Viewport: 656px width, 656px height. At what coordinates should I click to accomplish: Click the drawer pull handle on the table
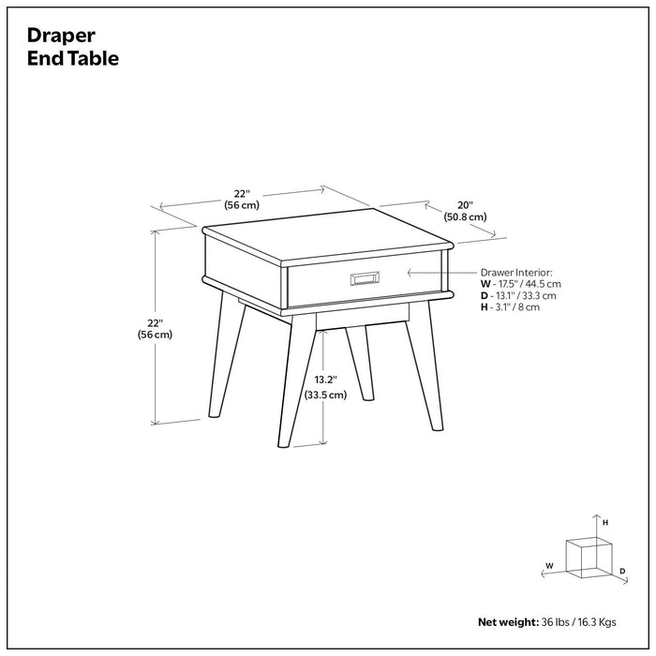(363, 277)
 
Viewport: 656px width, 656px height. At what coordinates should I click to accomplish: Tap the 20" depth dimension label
(466, 204)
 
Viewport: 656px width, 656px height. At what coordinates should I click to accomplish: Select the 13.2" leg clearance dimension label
(324, 380)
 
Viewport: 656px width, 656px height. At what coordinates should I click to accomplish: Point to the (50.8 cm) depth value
(466, 217)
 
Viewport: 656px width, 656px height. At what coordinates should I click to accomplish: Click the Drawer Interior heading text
(516, 271)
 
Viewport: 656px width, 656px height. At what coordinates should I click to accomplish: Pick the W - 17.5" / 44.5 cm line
(521, 283)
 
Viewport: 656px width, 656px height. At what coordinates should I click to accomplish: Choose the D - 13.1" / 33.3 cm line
(518, 295)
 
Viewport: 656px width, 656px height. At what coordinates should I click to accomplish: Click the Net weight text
(507, 621)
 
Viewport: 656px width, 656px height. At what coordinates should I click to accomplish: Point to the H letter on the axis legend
(605, 522)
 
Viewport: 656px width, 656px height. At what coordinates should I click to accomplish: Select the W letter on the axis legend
(549, 565)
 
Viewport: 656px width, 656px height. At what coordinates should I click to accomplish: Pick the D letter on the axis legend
(621, 571)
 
